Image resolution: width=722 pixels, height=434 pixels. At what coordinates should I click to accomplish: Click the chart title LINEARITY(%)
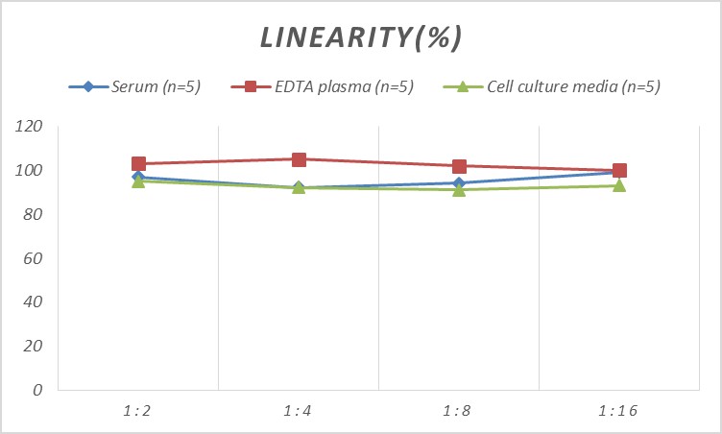361,36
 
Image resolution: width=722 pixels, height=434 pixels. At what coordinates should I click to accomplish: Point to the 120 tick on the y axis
31,127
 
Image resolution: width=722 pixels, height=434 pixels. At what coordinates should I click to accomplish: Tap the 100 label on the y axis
31,171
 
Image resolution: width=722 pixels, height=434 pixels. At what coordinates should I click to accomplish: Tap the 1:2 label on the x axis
138,411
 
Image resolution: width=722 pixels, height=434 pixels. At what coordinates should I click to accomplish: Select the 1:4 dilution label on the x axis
299,411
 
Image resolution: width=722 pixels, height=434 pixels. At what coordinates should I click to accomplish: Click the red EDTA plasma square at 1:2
138,164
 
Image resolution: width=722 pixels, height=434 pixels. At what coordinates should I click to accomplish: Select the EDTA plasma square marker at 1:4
299,159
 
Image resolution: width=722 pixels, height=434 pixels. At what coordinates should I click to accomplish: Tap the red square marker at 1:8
459,166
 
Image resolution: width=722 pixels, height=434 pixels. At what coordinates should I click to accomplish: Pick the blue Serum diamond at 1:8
459,183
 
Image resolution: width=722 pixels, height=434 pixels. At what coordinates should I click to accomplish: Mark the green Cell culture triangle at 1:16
619,185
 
